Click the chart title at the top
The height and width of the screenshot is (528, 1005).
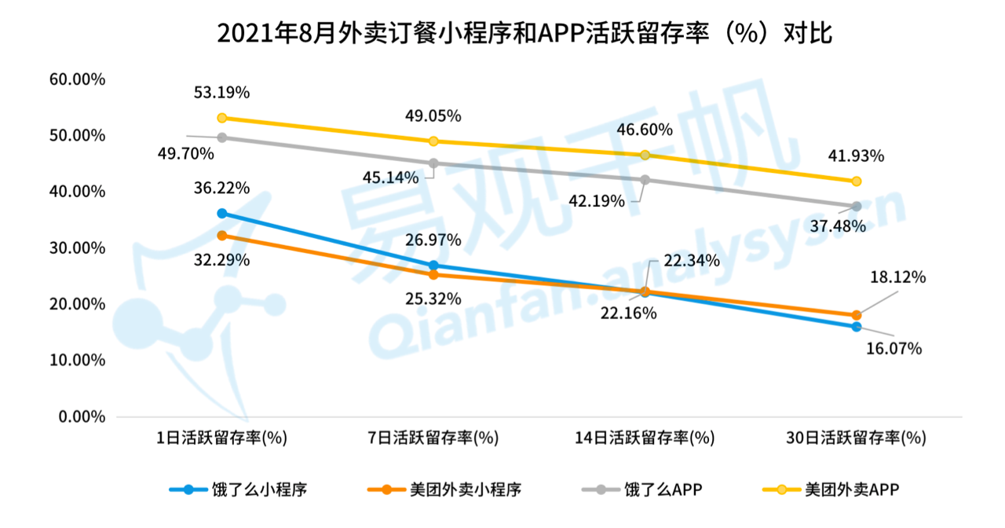pos(502,34)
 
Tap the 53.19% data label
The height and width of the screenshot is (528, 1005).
pos(221,93)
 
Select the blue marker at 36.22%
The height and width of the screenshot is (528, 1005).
pos(222,214)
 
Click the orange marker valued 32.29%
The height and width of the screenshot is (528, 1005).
pos(222,236)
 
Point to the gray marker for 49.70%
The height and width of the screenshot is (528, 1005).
pos(222,137)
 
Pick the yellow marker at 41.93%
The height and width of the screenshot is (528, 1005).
pos(857,181)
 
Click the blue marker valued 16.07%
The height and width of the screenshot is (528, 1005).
pos(857,327)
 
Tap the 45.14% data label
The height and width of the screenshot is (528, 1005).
pos(390,178)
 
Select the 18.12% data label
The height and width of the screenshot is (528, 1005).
pos(897,277)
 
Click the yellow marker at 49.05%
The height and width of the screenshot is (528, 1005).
pos(433,141)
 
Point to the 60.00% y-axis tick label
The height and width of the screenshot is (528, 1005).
pos(77,79)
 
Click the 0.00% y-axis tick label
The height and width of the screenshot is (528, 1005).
pos(81,416)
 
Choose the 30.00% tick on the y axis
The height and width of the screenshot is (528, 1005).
pos(77,248)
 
